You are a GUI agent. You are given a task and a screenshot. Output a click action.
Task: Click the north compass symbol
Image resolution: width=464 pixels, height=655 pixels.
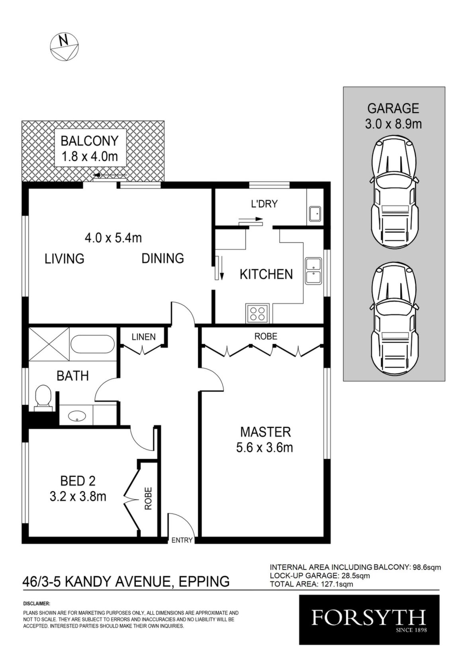coord(65,47)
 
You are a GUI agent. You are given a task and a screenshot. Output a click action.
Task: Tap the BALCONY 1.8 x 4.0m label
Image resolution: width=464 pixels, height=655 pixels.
coord(89,149)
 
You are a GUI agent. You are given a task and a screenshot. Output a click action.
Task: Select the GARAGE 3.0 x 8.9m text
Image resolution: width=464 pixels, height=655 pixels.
coord(394,116)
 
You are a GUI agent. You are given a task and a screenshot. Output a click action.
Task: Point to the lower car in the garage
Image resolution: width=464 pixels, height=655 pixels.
coord(394,319)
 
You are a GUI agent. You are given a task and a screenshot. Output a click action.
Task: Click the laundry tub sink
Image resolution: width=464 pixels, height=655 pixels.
coord(315,215)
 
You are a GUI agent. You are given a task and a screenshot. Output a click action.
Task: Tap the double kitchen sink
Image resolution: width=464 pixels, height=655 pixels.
coord(313,271)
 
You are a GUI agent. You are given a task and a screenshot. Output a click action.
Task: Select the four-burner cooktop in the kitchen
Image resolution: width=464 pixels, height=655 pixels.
coord(257,313)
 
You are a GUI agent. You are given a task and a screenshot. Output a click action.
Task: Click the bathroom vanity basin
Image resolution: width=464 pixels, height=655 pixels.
coord(77,416)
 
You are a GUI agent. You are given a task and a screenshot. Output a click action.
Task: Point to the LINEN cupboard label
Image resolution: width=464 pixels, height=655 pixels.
coord(143,337)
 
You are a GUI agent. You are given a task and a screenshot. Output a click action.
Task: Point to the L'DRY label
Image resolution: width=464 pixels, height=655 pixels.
coord(264,204)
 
